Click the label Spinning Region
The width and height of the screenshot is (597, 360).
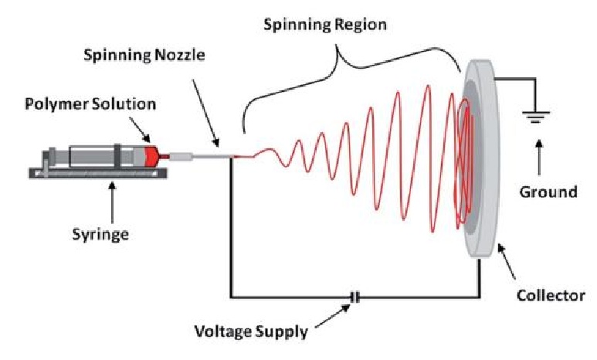(x=325, y=24)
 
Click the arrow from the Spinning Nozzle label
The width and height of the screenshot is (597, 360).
(x=205, y=107)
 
